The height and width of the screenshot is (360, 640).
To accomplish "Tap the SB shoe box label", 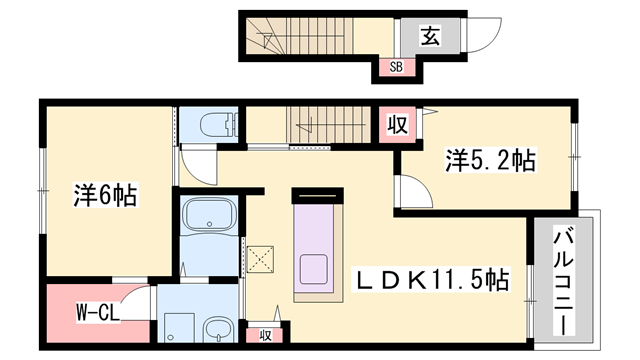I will (396, 68).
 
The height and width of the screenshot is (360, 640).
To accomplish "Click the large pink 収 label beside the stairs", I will (396, 126).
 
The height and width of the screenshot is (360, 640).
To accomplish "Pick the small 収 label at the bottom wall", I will (265, 334).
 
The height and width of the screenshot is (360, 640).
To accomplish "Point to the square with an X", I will (262, 260).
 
